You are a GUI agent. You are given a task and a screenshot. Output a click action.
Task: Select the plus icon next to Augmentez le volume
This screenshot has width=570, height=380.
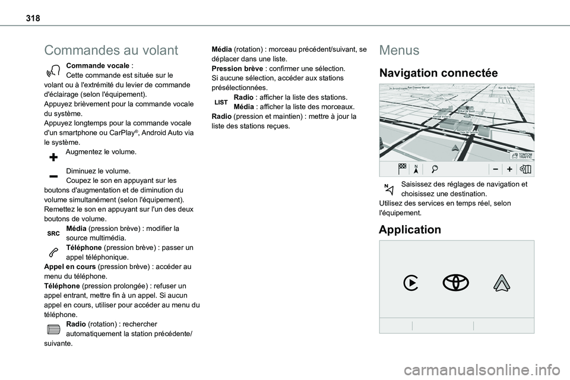coord(53,157)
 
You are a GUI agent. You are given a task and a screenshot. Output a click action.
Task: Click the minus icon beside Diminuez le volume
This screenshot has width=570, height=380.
coord(53,176)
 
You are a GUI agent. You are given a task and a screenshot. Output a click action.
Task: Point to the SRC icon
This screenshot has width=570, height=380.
coord(53,234)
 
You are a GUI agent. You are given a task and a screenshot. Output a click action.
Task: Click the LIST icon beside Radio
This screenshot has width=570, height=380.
coord(221,103)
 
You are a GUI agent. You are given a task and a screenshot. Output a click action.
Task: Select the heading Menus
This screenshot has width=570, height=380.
coord(399,50)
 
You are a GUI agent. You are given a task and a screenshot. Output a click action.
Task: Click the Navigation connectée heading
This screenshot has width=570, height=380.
coord(438,74)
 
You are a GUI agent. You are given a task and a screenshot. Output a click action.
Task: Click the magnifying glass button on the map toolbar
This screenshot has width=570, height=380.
coord(436,169)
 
